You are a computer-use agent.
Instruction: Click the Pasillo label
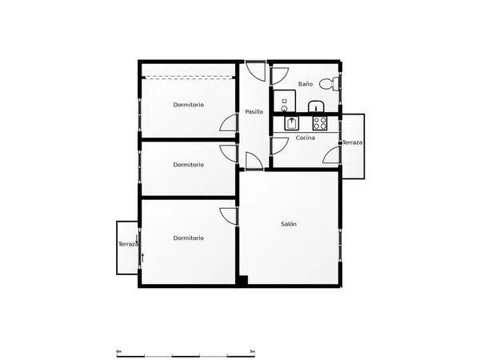coord(254,112)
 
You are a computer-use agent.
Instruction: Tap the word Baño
coord(306,83)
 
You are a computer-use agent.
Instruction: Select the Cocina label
coord(306,138)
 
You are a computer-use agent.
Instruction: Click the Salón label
coord(289,224)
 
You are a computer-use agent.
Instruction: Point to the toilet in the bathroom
coord(329,83)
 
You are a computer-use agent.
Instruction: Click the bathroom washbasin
coord(316,106)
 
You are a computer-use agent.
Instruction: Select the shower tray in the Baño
coord(284,101)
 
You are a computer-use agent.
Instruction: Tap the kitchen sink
coord(291,123)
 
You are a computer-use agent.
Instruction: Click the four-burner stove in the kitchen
coord(319,123)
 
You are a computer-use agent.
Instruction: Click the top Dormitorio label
coord(188,105)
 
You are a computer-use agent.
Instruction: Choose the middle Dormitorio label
coord(188,165)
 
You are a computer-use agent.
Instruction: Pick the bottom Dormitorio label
coord(188,238)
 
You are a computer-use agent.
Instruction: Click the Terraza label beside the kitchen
coord(352,142)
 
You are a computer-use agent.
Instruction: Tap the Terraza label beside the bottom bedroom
coord(128,244)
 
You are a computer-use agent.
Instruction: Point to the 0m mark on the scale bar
coord(119,351)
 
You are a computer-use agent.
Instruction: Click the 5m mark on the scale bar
coord(252,351)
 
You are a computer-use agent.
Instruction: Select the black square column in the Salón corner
coord(243,281)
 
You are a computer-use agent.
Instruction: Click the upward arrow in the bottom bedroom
coord(142,258)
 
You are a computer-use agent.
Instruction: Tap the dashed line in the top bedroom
coord(188,77)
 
